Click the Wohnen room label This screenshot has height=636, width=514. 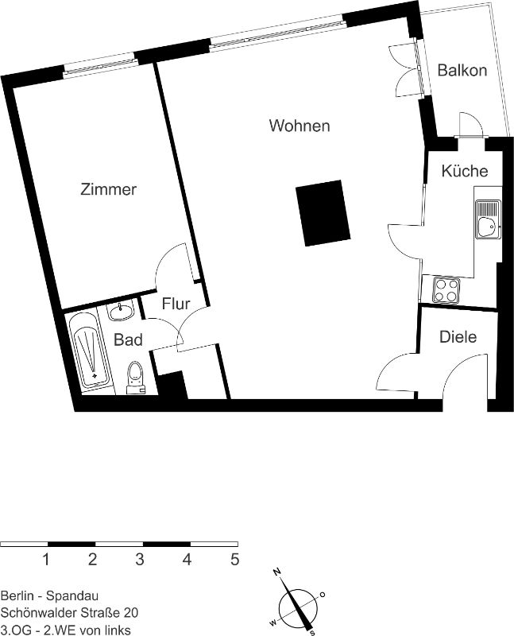[x=300, y=126]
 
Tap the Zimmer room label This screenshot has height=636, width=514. [x=108, y=189]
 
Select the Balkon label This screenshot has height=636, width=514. [x=462, y=71]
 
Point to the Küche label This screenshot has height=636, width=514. [x=465, y=171]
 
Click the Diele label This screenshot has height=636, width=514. [x=458, y=336]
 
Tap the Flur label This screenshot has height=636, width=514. [x=176, y=304]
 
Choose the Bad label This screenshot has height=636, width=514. [x=128, y=339]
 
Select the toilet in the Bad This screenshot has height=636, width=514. [x=136, y=378]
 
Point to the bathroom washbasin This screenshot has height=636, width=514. [x=121, y=312]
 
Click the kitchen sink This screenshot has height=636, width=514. [x=488, y=219]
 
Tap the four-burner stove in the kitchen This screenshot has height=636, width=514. [x=446, y=290]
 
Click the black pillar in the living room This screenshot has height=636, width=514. [x=323, y=213]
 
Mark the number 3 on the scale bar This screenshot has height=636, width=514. [x=140, y=560]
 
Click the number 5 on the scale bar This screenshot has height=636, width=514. [x=234, y=560]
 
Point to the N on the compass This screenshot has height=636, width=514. [x=277, y=572]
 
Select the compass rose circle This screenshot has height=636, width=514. [x=299, y=607]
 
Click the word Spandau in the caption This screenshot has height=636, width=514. [x=72, y=595]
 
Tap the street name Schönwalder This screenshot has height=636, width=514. [x=36, y=612]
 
